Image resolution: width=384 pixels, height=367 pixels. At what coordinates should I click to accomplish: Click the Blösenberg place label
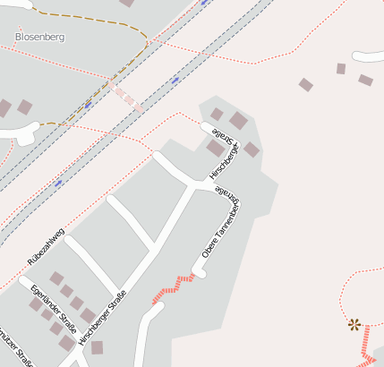pyautogui.click(x=40, y=37)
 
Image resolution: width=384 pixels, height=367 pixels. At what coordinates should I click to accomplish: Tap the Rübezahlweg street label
pyautogui.click(x=47, y=245)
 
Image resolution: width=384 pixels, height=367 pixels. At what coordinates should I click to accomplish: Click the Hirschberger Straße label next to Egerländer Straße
pyautogui.click(x=102, y=317)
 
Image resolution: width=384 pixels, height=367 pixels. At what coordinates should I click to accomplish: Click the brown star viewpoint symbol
pyautogui.click(x=354, y=324)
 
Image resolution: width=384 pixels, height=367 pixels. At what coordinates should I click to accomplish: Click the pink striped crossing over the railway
pyautogui.click(x=128, y=98)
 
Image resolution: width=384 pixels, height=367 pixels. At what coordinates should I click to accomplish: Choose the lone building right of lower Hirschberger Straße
pyautogui.click(x=97, y=347)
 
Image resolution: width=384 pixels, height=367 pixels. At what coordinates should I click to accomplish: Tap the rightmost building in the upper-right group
pyautogui.click(x=365, y=81)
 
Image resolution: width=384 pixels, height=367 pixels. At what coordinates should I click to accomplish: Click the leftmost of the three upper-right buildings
pyautogui.click(x=306, y=85)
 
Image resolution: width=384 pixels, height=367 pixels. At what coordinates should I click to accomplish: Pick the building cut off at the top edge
pyautogui.click(x=126, y=3)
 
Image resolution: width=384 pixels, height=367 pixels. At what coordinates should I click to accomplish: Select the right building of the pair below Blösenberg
pyautogui.click(x=25, y=107)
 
